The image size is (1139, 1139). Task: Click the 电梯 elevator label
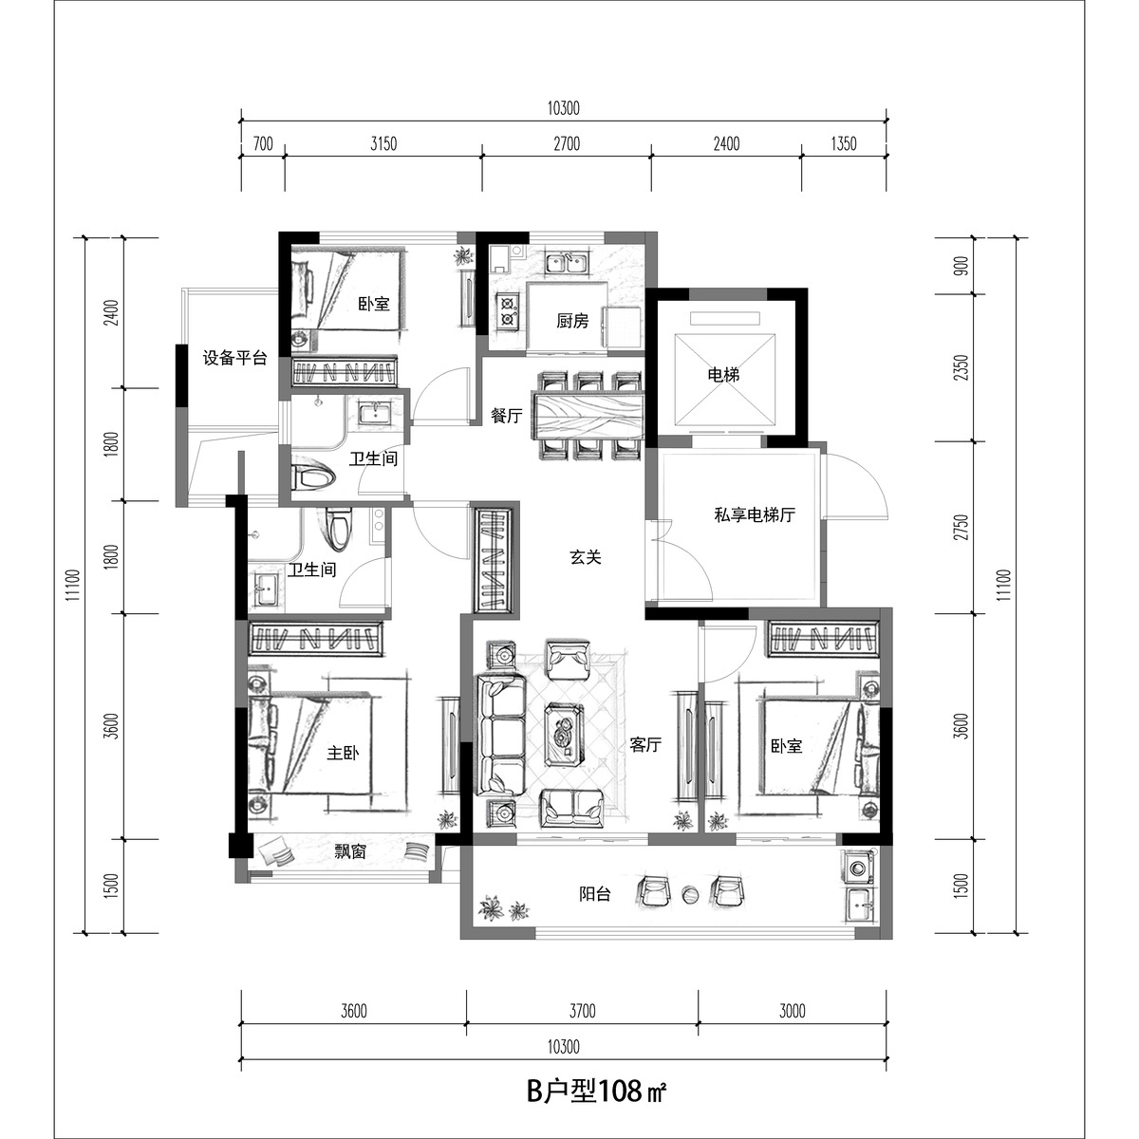pyautogui.click(x=723, y=375)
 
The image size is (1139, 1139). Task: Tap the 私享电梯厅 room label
pyautogui.click(x=755, y=514)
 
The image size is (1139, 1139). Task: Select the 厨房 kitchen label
pyautogui.click(x=572, y=321)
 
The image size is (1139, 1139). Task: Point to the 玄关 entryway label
pyautogui.click(x=586, y=557)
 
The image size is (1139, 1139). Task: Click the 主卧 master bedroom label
pyautogui.click(x=343, y=753)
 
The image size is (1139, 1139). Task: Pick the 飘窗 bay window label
pyautogui.click(x=350, y=851)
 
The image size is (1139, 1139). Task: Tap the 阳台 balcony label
pyautogui.click(x=594, y=894)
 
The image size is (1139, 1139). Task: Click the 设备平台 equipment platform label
pyautogui.click(x=235, y=358)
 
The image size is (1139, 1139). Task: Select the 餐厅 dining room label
pyautogui.click(x=507, y=416)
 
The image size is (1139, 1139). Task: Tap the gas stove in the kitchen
pyautogui.click(x=507, y=312)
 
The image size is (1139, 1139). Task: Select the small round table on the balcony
pyautogui.click(x=690, y=894)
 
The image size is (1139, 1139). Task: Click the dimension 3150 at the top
pyautogui.click(x=383, y=143)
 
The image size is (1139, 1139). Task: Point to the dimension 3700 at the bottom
pyautogui.click(x=582, y=1011)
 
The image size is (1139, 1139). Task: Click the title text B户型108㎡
pyautogui.click(x=597, y=1091)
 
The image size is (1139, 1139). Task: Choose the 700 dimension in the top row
pyautogui.click(x=263, y=143)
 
